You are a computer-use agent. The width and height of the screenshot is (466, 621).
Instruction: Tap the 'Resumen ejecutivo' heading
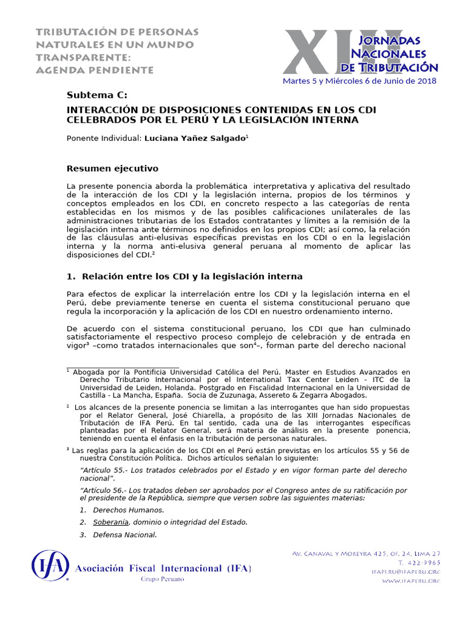112,167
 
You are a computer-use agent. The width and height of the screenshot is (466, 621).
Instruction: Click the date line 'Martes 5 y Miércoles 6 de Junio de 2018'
359,81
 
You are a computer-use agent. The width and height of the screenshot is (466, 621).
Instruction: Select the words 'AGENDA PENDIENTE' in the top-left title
94,70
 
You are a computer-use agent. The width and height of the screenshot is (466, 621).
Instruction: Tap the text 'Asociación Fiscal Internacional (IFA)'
163,568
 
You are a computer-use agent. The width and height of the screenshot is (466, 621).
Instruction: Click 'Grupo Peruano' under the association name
163,579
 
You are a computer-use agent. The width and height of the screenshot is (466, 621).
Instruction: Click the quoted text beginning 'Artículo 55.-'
243,474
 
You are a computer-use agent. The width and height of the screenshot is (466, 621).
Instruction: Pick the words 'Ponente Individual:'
104,138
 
